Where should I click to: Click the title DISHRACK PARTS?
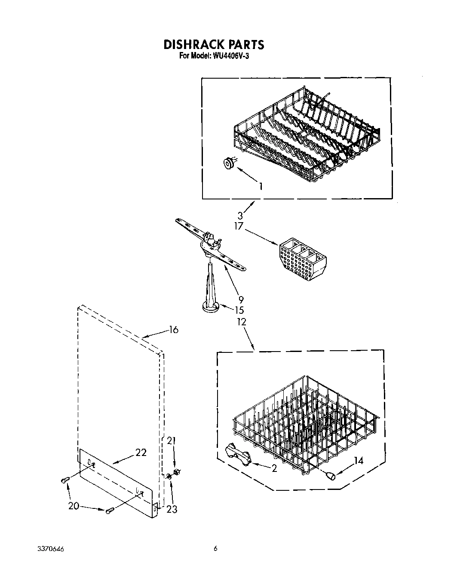pyautogui.click(x=213, y=44)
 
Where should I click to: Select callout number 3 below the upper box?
pyautogui.click(x=240, y=216)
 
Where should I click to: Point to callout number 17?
pyautogui.click(x=239, y=226)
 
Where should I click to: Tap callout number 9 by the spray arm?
pyautogui.click(x=241, y=300)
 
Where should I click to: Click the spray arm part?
pyautogui.click(x=211, y=245)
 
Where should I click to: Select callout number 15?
pyautogui.click(x=239, y=310)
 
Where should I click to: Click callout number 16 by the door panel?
pyautogui.click(x=173, y=330)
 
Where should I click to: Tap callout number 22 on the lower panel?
pyautogui.click(x=141, y=452)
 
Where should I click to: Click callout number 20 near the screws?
pyautogui.click(x=74, y=506)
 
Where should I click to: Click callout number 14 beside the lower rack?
pyautogui.click(x=358, y=461)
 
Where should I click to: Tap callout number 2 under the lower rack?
pyautogui.click(x=274, y=468)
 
